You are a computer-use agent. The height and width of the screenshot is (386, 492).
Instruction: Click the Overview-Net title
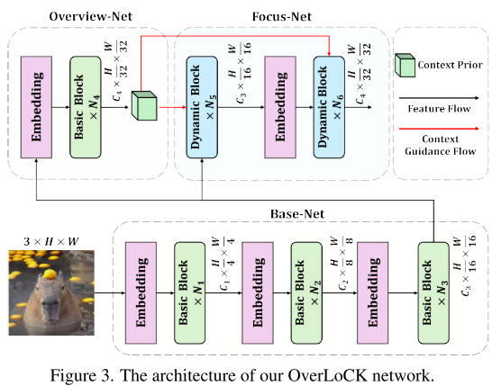pyautogui.click(x=91, y=16)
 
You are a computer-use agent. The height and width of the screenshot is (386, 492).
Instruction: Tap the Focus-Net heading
pyautogui.click(x=282, y=16)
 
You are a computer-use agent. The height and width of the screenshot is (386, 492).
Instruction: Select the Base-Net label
pyautogui.click(x=297, y=213)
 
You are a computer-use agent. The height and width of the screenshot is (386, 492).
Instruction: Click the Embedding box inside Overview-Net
pyautogui.click(x=36, y=107)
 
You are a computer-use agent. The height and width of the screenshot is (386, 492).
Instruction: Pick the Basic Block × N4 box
pyautogui.click(x=86, y=107)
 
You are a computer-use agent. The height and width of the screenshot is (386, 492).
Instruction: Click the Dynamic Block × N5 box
pyautogui.click(x=202, y=107)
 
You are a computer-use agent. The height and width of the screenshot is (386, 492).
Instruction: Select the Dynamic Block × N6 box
pyautogui.click(x=329, y=107)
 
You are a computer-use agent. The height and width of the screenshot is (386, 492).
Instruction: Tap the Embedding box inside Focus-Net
pyautogui.click(x=280, y=107)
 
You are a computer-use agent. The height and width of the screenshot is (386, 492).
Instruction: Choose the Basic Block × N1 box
pyautogui.click(x=190, y=293)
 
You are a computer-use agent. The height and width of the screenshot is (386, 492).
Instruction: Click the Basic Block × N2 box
pyautogui.click(x=306, y=293)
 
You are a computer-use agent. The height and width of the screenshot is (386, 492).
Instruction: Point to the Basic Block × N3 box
pyautogui.click(x=433, y=293)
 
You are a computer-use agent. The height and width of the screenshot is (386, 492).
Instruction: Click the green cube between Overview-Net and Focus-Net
pyautogui.click(x=144, y=105)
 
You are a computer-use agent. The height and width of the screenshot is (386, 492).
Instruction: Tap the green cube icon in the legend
pyautogui.click(x=405, y=65)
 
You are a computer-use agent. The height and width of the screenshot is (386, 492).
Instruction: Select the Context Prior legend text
pyautogui.click(x=450, y=65)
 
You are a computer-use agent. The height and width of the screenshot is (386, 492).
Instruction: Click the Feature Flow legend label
pyautogui.click(x=440, y=109)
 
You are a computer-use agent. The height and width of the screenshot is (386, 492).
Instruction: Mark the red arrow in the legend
pyautogui.click(x=440, y=129)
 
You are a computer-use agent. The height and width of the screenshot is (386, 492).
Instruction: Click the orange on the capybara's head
pyautogui.click(x=50, y=274)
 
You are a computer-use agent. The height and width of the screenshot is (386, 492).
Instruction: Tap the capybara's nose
pyautogui.click(x=50, y=303)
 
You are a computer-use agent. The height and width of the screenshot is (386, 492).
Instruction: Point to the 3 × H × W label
pyautogui.click(x=51, y=241)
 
